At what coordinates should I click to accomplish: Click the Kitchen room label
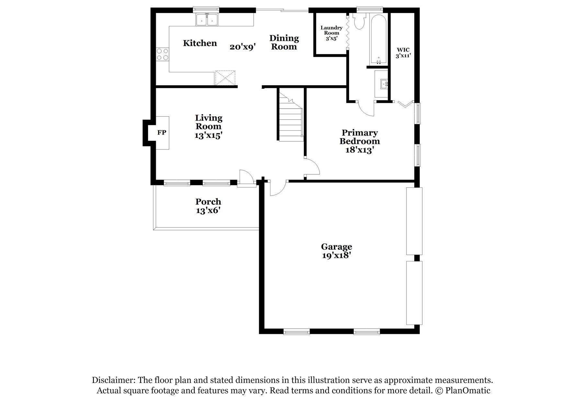(200, 43)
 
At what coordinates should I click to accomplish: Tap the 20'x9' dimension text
(243, 47)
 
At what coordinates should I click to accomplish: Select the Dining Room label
(284, 42)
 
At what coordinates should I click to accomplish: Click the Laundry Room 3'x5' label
(331, 33)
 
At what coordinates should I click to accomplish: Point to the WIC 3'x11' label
(403, 53)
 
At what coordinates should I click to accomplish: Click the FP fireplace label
(162, 133)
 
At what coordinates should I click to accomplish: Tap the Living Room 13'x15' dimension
(208, 135)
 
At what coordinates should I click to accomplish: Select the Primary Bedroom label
(359, 137)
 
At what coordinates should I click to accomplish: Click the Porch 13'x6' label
(208, 206)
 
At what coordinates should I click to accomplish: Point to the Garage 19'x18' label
(336, 251)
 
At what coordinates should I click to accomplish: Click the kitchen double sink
(207, 20)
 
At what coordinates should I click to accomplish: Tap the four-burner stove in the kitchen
(162, 54)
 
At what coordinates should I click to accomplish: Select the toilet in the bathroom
(359, 21)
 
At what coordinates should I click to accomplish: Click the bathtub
(378, 39)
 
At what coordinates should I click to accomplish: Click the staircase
(290, 118)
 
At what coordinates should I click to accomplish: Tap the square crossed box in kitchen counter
(225, 78)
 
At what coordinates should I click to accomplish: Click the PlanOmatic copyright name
(468, 390)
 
